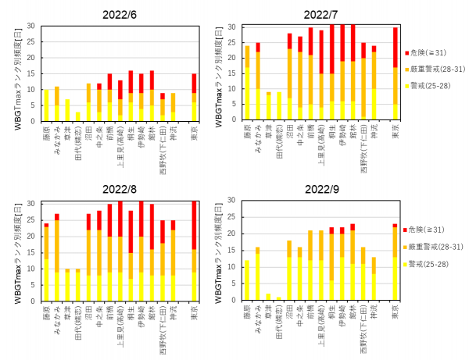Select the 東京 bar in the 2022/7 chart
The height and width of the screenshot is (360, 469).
pyautogui.click(x=396, y=74)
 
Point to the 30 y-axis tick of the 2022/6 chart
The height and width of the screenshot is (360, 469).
pyautogui.click(x=31, y=26)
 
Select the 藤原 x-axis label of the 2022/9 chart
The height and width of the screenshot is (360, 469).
pyautogui.click(x=248, y=313)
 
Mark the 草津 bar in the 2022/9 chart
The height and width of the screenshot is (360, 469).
pyautogui.click(x=269, y=298)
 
